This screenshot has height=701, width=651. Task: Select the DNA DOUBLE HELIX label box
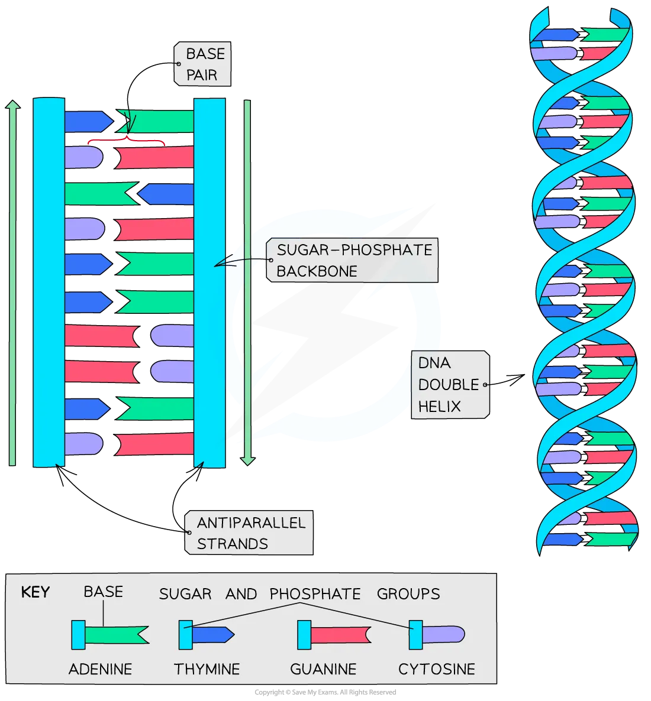450,385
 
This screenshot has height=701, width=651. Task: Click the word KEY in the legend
36,592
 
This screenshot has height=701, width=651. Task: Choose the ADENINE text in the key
100,669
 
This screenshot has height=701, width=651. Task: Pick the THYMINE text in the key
207,669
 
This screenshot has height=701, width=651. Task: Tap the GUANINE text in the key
323,669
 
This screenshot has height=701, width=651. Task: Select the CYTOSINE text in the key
437,669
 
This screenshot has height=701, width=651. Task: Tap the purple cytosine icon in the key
441,635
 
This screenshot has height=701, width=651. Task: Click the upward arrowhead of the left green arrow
12,105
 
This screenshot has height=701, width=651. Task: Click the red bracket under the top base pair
126,141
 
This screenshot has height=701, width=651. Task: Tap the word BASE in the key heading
103,592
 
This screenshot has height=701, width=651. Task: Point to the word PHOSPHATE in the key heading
315,593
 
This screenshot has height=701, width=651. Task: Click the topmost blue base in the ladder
88,121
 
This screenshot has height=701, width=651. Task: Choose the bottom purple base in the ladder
83,444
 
